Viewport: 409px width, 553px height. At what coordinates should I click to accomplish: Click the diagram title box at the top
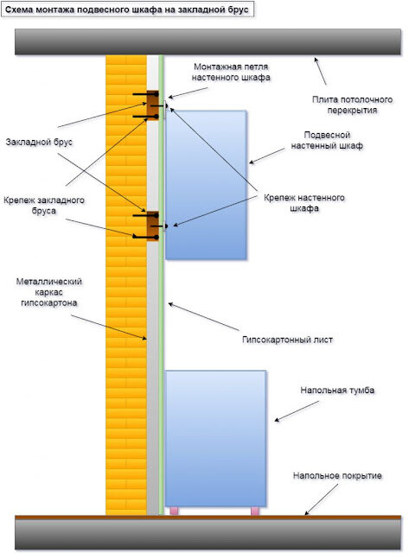coord(128,10)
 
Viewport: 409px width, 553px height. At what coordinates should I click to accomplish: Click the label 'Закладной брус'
coord(39,142)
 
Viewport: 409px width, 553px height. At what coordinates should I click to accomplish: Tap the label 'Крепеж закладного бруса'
coord(44,206)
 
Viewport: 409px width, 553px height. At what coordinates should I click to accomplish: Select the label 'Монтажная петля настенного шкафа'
coord(231,72)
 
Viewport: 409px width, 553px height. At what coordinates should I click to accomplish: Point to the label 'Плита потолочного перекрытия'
coord(352,105)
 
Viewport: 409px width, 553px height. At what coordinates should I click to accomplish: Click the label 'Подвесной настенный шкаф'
coord(327,140)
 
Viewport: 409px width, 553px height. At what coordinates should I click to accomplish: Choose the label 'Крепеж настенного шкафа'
coord(304,203)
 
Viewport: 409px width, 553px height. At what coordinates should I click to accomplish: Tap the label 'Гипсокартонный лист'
coord(287,340)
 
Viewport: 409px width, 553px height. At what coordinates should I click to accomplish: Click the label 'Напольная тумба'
coord(337,390)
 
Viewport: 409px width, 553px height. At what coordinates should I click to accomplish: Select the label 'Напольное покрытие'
coord(337,475)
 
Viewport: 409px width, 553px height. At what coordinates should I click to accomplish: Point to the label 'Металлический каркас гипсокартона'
coord(49,292)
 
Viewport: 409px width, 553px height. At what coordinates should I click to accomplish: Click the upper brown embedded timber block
coord(152,105)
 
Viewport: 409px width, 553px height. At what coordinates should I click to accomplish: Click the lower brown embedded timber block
coord(152,226)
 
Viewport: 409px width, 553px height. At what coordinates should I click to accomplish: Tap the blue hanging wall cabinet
coord(206,185)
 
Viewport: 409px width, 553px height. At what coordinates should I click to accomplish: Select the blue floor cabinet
coord(215,439)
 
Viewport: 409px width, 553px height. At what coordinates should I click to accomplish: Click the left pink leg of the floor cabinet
coord(174,511)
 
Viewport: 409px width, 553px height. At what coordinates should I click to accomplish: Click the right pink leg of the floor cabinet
coord(255,511)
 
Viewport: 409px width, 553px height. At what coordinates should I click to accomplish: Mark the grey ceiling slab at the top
coord(208,41)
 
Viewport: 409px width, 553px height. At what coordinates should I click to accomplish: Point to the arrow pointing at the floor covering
coord(321,499)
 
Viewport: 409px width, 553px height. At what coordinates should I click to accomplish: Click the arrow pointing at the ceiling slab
coord(321,71)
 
